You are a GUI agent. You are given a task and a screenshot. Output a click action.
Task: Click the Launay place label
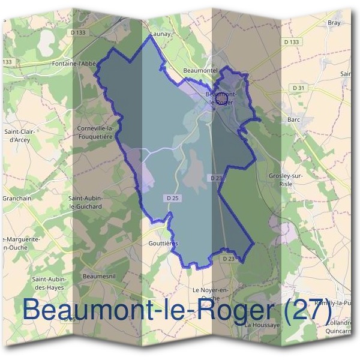tap(161, 35)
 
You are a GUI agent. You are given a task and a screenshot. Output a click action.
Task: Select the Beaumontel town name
tap(199, 71)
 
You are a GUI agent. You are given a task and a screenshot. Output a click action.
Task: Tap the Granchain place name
tap(17, 197)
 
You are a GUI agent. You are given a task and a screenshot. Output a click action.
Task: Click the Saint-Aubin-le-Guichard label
tap(85, 202)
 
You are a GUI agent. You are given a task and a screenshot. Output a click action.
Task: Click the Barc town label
tap(293, 119)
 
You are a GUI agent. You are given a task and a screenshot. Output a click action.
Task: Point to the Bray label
tap(334, 23)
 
